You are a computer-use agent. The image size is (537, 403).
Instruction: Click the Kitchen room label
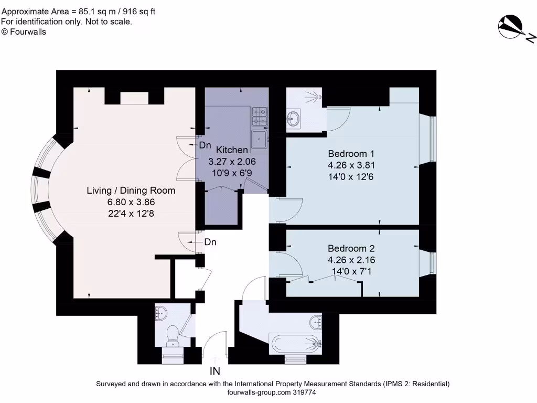point(232,150)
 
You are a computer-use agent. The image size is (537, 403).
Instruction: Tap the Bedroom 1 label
point(351,154)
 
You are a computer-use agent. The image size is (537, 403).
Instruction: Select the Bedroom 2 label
point(351,248)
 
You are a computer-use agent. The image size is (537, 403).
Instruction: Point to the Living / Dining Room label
point(131,190)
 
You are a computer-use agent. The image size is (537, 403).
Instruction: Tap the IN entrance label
point(214,371)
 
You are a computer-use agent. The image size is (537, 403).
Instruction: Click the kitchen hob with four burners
point(260,116)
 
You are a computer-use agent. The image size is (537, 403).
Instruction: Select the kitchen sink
point(260,139)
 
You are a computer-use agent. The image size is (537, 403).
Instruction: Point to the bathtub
point(295,344)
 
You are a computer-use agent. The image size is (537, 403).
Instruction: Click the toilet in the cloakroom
point(171,336)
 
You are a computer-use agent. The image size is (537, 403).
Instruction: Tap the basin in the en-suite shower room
point(293,119)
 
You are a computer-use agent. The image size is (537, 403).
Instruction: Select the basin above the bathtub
point(316,322)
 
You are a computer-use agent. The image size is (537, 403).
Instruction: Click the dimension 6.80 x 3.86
point(131,202)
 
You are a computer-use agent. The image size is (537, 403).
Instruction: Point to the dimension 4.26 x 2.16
point(351,260)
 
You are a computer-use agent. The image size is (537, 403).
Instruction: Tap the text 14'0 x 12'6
point(351,177)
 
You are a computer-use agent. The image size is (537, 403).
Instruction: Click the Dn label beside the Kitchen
point(205,145)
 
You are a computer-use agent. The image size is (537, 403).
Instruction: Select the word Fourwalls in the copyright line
point(28,32)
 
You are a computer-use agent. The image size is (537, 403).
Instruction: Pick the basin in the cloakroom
point(160,313)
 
